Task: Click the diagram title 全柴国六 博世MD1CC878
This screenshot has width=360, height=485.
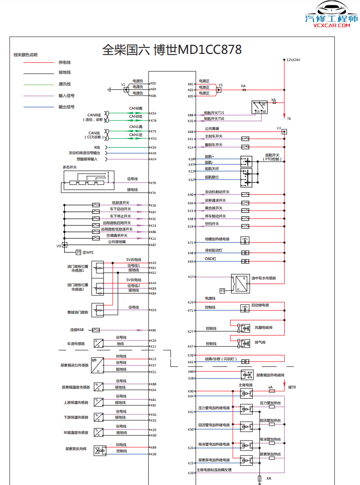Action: pos(172,49)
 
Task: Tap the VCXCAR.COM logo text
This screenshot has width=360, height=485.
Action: pos(331,26)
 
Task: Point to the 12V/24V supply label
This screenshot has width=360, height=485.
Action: pos(294,60)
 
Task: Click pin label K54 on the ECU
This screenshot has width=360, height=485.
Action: pos(154,113)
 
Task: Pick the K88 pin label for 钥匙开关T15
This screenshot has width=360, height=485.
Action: pos(190,115)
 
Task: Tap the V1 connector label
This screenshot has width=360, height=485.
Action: pos(220,84)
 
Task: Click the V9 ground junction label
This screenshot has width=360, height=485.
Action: pos(58,246)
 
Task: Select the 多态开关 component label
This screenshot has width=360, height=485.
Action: pos(70,167)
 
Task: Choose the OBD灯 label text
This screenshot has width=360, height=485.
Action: pos(211,259)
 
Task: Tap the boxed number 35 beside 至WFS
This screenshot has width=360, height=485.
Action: pos(79,252)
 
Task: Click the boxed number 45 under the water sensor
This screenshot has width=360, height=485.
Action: pos(222,291)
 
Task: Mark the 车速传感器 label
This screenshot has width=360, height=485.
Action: pos(76,344)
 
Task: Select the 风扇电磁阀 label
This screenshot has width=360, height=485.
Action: pos(263,328)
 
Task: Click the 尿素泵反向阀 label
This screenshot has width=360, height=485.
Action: pos(76,449)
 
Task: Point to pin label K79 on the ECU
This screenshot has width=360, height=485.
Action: pos(154,183)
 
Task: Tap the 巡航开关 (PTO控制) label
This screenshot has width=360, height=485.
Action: pos(272,157)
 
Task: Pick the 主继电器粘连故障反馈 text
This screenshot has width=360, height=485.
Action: pos(215,470)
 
